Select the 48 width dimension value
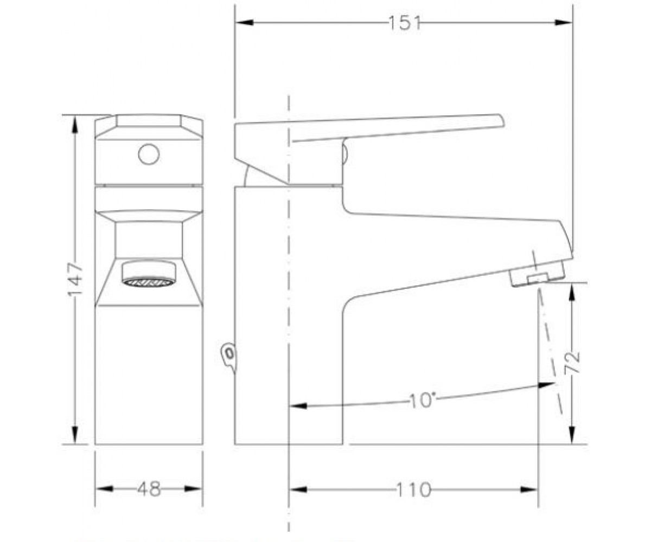(x=149, y=488)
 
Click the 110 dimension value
(x=413, y=489)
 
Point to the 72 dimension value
(x=572, y=362)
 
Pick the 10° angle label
(x=422, y=400)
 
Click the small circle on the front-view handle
(x=149, y=154)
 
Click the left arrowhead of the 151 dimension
(x=245, y=22)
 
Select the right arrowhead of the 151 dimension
(x=564, y=22)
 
